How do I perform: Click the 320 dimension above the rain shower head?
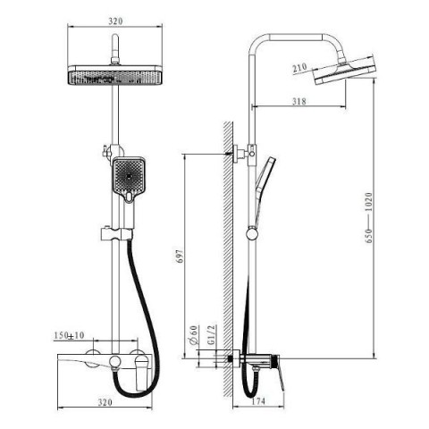[x=115, y=21]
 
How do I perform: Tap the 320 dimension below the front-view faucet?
[x=105, y=402]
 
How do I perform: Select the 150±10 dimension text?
[x=69, y=335]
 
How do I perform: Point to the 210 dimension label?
[x=299, y=68]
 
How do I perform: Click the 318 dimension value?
[x=299, y=101]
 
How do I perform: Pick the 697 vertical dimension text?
[x=181, y=256]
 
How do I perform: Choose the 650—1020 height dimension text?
[x=369, y=218]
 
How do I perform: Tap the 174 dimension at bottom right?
[x=258, y=401]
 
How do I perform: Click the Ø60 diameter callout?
[x=194, y=335]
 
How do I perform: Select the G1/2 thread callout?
[x=211, y=334]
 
